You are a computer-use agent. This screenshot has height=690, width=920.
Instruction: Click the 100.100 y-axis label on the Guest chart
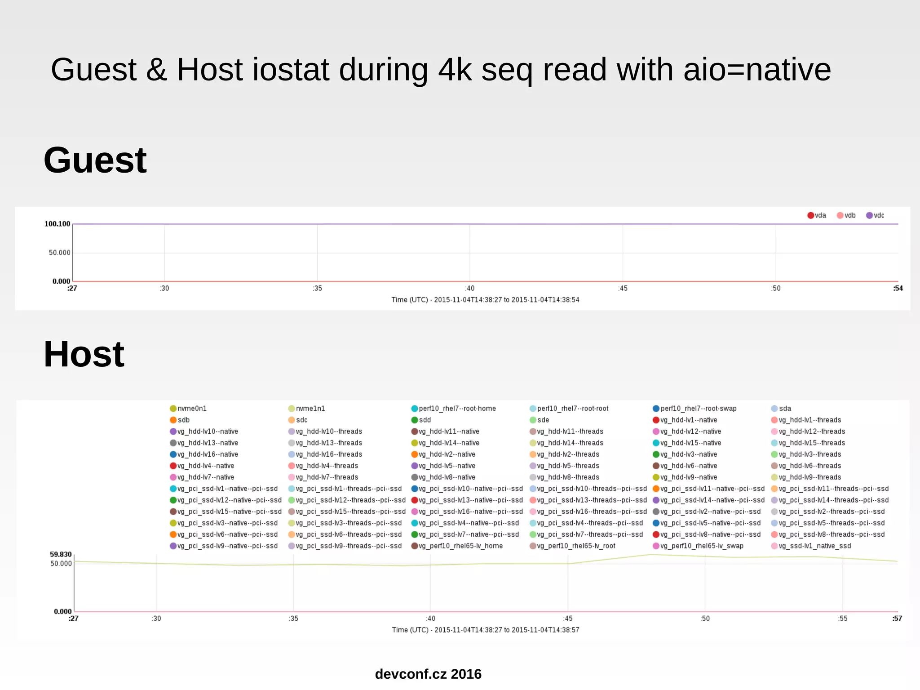coord(57,224)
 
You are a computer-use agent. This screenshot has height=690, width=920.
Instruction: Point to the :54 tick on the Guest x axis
coord(898,288)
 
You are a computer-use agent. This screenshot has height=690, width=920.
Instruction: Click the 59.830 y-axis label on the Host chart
coord(61,554)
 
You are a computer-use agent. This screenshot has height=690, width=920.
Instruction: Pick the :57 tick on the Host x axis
coord(897,619)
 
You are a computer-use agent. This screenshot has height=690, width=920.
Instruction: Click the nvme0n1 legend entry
coord(188,409)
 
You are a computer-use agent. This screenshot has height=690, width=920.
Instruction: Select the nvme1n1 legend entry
coord(307,409)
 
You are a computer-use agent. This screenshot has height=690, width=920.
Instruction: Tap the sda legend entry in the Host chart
coord(781,409)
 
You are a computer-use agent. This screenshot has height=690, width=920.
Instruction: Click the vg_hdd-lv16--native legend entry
coord(204,454)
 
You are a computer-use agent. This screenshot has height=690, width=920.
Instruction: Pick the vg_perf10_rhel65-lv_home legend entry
coord(457,546)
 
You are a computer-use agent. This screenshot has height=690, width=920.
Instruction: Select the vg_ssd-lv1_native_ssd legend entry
coord(811,546)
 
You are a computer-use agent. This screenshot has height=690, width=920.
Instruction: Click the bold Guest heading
coord(95,160)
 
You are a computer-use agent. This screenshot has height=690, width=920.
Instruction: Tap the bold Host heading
coord(84,355)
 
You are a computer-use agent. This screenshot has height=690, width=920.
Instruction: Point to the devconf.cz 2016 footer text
coord(428,674)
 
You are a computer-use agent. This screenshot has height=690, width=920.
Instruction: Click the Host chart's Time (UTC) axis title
coord(485,630)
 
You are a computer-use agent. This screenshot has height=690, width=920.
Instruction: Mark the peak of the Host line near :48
coord(650,554)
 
